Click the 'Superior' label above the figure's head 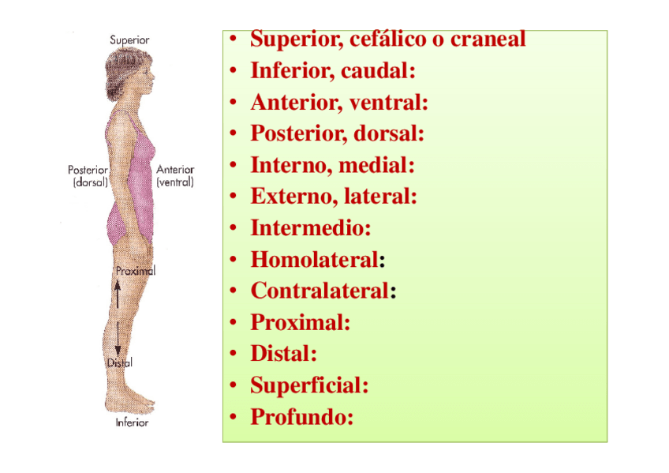pos(130,39)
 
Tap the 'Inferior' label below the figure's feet pos(132,422)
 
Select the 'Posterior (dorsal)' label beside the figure pos(88,175)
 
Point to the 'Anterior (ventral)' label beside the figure pos(175,175)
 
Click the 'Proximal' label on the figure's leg pos(136,271)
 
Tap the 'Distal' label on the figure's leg pos(119,362)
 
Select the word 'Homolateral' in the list pos(314,259)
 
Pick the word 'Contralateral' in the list pos(320,291)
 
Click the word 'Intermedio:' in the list pos(310,228)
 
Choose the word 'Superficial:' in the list pos(309,385)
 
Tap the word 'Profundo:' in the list pos(301,416)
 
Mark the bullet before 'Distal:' pos(234,355)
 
